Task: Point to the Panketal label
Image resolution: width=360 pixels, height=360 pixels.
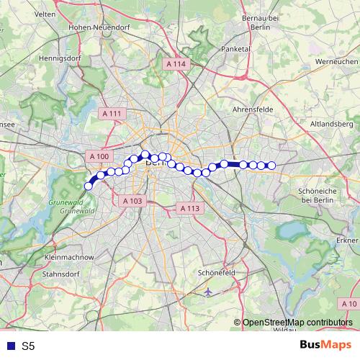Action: pyautogui.click(x=235, y=50)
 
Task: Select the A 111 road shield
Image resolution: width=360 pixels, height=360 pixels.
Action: pyautogui.click(x=112, y=114)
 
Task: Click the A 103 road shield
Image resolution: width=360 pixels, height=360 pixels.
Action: pyautogui.click(x=132, y=201)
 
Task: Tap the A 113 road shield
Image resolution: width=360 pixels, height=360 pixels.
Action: pyautogui.click(x=189, y=208)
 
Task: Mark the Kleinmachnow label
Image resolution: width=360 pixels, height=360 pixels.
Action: pyautogui.click(x=69, y=256)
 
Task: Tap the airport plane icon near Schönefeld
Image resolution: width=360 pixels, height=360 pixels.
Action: pyautogui.click(x=208, y=292)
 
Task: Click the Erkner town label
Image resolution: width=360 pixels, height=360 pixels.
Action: pyautogui.click(x=348, y=239)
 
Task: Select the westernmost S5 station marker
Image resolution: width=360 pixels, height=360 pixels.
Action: pyautogui.click(x=89, y=186)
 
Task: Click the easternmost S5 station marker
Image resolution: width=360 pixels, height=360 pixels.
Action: pyautogui.click(x=271, y=166)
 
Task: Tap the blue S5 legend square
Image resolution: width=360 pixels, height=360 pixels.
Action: pyautogui.click(x=9, y=346)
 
